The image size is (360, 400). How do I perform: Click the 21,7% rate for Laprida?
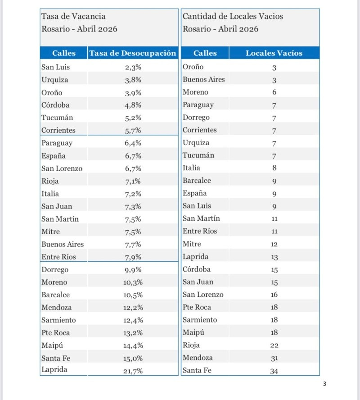pyautogui.click(x=133, y=371)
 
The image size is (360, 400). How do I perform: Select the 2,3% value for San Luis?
pyautogui.click(x=133, y=67)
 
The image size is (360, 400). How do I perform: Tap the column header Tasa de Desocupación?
pyautogui.click(x=133, y=53)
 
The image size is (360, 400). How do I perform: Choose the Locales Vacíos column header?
pyautogui.click(x=274, y=53)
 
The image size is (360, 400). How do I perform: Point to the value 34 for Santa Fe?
pyautogui.click(x=274, y=371)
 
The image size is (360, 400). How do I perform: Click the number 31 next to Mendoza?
pyautogui.click(x=274, y=359)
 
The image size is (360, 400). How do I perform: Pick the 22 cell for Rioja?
pyautogui.click(x=274, y=345)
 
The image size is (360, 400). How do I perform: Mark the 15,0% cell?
pyautogui.click(x=133, y=358)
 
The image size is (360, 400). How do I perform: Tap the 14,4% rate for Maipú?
pyautogui.click(x=133, y=345)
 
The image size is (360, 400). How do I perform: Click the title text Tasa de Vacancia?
pyautogui.click(x=74, y=16)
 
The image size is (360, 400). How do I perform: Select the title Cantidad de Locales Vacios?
pyautogui.click(x=233, y=16)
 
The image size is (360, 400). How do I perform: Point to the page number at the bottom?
pyautogui.click(x=324, y=384)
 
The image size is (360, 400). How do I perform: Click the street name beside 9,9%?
pyautogui.click(x=55, y=270)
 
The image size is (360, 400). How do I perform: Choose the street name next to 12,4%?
pyautogui.click(x=58, y=320)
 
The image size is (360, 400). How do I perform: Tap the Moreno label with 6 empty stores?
pyautogui.click(x=195, y=92)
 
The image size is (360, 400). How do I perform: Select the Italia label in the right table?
pyautogui.click(x=191, y=168)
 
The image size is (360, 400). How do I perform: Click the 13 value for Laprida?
pyautogui.click(x=274, y=257)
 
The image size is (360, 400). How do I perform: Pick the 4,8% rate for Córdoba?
pyautogui.click(x=133, y=105)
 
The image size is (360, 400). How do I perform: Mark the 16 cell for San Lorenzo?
pyautogui.click(x=274, y=295)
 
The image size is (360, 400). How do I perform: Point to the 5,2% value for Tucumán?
pyautogui.click(x=133, y=118)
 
